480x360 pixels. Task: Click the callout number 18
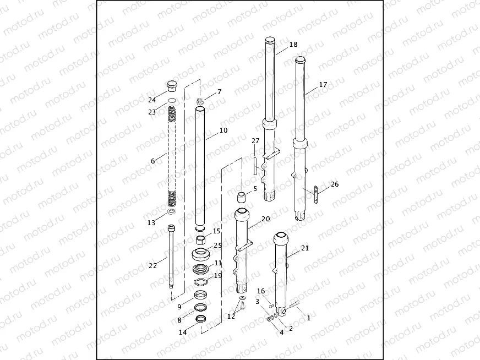click(293, 45)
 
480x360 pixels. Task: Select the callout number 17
click(323, 85)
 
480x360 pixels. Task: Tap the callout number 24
click(152, 100)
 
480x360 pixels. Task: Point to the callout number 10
click(223, 130)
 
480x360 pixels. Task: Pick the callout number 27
click(255, 141)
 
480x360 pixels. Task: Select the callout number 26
click(335, 184)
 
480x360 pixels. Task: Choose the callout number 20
click(265, 219)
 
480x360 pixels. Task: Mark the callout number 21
click(305, 248)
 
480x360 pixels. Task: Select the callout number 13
click(151, 222)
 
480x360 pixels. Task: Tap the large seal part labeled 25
click(201, 254)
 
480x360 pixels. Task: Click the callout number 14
click(183, 332)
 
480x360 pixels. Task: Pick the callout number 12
click(231, 317)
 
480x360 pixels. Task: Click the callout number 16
click(261, 291)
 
